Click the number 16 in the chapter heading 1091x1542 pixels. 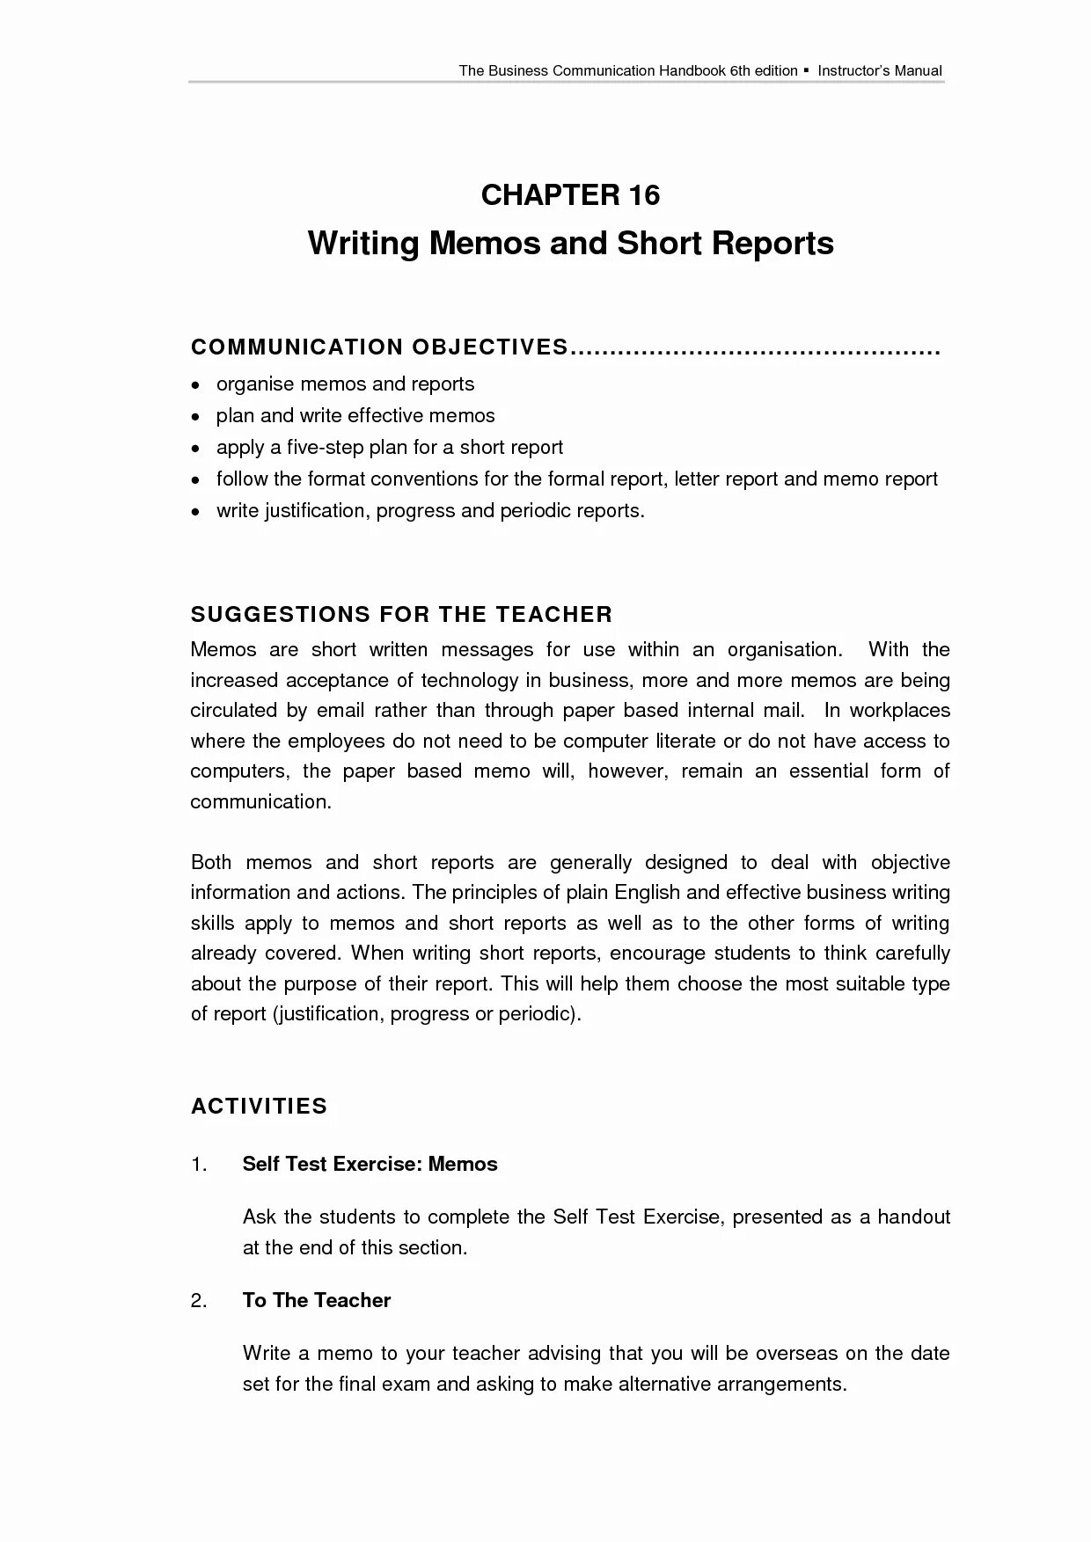coord(644,195)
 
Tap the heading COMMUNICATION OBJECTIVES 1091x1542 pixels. coord(379,347)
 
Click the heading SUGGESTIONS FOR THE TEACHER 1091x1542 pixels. coord(401,614)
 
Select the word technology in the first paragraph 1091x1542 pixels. coord(469,680)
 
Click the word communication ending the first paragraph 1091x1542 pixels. coord(260,801)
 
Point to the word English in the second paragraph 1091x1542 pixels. coord(647,892)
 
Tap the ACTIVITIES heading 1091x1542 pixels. coord(259,1106)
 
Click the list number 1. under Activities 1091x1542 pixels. coord(199,1164)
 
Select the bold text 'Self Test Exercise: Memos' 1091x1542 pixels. coord(370,1164)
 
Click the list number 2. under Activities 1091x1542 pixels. coord(199,1300)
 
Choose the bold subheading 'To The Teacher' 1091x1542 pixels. coord(317,1300)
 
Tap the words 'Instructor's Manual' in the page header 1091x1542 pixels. coord(880,70)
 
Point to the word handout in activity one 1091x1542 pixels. coord(913,1217)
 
